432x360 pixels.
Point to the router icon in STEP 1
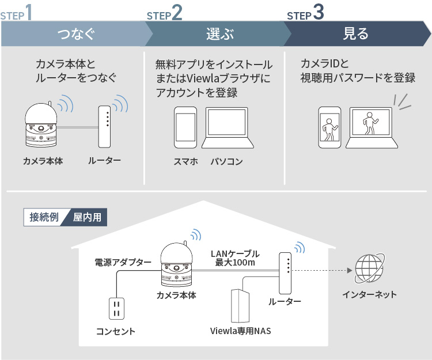point(104,126)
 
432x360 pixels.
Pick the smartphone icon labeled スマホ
point(185,128)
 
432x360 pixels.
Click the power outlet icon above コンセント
point(116,308)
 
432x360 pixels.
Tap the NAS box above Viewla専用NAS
point(239,306)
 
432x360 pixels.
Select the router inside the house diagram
point(284,272)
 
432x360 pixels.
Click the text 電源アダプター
point(123,263)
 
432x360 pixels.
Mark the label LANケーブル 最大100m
point(235,258)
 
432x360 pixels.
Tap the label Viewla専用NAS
point(240,331)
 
